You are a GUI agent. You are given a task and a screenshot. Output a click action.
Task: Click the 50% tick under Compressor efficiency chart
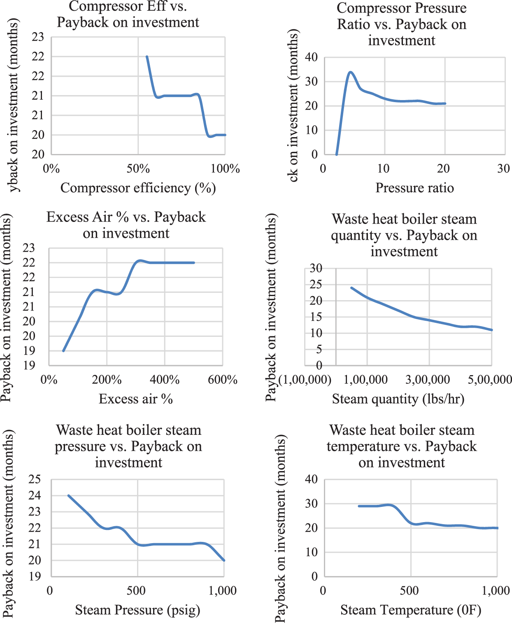pyautogui.click(x=138, y=168)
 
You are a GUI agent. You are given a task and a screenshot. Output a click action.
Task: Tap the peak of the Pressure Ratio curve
pyautogui.click(x=350, y=72)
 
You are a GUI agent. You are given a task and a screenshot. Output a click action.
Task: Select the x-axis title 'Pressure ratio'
pyautogui.click(x=414, y=188)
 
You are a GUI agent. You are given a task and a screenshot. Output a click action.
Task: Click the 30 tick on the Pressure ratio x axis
pyautogui.click(x=503, y=168)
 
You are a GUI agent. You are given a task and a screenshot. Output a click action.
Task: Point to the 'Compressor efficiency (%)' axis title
pyautogui.click(x=138, y=188)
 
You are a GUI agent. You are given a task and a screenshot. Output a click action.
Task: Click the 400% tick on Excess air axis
pyautogui.click(x=165, y=379)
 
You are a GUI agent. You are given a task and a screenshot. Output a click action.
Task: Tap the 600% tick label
pyautogui.click(x=223, y=379)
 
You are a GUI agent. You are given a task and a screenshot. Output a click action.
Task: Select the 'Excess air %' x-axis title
pyautogui.click(x=136, y=399)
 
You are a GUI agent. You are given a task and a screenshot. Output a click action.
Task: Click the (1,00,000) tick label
pyautogui.click(x=305, y=379)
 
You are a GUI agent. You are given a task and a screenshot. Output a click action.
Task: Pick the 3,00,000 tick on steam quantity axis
pyautogui.click(x=428, y=379)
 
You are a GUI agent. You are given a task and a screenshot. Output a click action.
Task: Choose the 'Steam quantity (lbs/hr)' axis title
pyautogui.click(x=398, y=399)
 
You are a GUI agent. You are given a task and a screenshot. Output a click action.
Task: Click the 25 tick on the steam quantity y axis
pyautogui.click(x=316, y=284)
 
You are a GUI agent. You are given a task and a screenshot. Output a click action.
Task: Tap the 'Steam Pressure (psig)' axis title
pyautogui.click(x=137, y=610)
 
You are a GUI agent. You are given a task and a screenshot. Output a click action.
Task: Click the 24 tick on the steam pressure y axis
pyautogui.click(x=35, y=495)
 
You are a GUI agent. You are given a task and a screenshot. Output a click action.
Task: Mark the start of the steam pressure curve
pyautogui.click(x=68, y=495)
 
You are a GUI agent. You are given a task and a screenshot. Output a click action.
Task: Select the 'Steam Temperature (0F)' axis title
pyautogui.click(x=411, y=610)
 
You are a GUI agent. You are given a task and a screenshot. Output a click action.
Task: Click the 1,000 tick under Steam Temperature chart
pyautogui.click(x=496, y=590)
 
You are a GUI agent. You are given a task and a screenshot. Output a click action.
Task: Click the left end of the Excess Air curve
pyautogui.click(x=63, y=351)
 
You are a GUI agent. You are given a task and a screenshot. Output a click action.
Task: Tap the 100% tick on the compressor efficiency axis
pyautogui.click(x=225, y=168)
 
